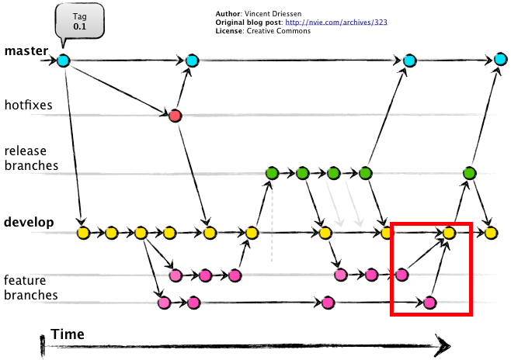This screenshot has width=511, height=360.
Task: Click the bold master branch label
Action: pyautogui.click(x=26, y=52)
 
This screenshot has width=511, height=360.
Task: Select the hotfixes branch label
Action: pyautogui.click(x=28, y=104)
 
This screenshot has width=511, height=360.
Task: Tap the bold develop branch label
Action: pyautogui.click(x=29, y=223)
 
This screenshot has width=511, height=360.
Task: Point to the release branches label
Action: pyautogui.click(x=30, y=158)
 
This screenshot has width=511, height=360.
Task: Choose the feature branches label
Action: pyautogui.click(x=30, y=287)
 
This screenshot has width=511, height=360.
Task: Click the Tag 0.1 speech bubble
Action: pyautogui.click(x=80, y=20)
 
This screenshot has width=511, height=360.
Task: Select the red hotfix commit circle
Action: pyautogui.click(x=175, y=116)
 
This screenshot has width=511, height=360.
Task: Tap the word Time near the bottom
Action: pyautogui.click(x=68, y=334)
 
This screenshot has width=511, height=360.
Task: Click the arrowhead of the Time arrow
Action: pyautogui.click(x=443, y=344)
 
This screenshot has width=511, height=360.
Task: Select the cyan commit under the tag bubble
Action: pyautogui.click(x=63, y=61)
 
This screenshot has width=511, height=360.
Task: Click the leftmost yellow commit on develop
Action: pyautogui.click(x=83, y=232)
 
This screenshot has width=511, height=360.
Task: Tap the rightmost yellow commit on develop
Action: pyautogui.click(x=491, y=231)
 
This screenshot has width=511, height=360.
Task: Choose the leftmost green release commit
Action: pyautogui.click(x=272, y=173)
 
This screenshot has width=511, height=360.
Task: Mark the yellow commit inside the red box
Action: pyautogui.click(x=449, y=231)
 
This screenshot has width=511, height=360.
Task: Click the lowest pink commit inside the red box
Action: pyautogui.click(x=429, y=303)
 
